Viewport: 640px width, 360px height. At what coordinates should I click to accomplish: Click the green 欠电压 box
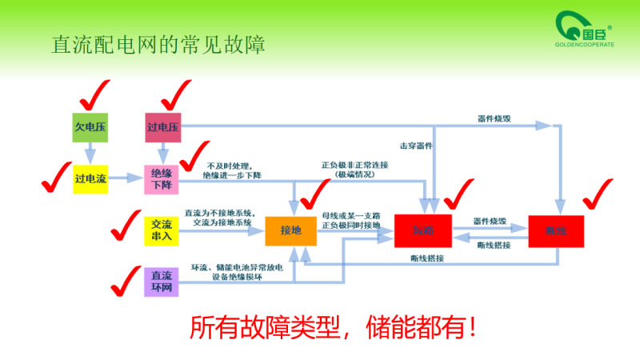pos(90,127)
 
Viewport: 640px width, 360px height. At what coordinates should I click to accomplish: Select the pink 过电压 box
pos(162,127)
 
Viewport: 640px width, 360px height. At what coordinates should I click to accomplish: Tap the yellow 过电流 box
pos(90,179)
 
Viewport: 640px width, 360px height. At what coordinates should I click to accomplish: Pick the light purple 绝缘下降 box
pos(162,179)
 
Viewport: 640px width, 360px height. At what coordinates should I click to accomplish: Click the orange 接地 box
pos(290,230)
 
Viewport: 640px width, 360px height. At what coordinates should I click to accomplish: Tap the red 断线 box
pos(555,230)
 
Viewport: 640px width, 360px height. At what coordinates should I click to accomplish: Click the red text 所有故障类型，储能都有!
pos(336,329)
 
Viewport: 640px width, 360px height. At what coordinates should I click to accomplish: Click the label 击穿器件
pos(416,146)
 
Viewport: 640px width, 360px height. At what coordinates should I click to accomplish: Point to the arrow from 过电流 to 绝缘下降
pos(126,179)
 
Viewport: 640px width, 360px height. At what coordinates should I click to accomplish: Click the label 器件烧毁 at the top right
pos(494,118)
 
